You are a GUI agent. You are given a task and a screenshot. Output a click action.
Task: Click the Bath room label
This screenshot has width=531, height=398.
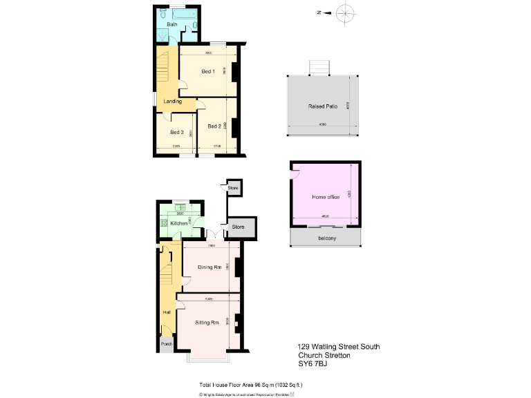(171, 25)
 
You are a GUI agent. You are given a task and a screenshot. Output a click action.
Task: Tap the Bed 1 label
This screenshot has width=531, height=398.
(208, 72)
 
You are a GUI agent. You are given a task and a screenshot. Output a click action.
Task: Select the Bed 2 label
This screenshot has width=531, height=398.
(214, 126)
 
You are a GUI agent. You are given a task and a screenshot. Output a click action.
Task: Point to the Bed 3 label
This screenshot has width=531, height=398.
(177, 132)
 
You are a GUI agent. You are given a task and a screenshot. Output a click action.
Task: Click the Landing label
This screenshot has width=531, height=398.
(172, 102)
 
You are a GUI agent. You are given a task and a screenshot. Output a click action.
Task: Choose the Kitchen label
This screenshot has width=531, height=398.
(179, 223)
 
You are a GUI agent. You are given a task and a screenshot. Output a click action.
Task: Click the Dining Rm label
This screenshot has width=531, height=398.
(209, 267)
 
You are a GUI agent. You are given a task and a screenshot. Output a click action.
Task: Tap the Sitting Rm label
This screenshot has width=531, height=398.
(207, 323)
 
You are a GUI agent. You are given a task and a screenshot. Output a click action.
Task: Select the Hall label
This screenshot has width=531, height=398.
(167, 312)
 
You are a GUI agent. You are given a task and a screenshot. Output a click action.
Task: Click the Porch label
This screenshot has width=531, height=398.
(167, 344)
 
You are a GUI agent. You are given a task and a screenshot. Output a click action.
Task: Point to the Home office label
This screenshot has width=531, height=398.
(326, 198)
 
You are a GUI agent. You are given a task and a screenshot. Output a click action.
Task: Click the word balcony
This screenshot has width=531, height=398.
(327, 238)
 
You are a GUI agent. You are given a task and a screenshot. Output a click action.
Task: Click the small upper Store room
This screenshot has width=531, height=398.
(233, 187)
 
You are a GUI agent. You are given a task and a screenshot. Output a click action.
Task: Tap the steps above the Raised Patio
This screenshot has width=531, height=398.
(319, 66)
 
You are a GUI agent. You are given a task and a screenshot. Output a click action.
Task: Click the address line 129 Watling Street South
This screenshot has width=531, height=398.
(338, 346)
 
